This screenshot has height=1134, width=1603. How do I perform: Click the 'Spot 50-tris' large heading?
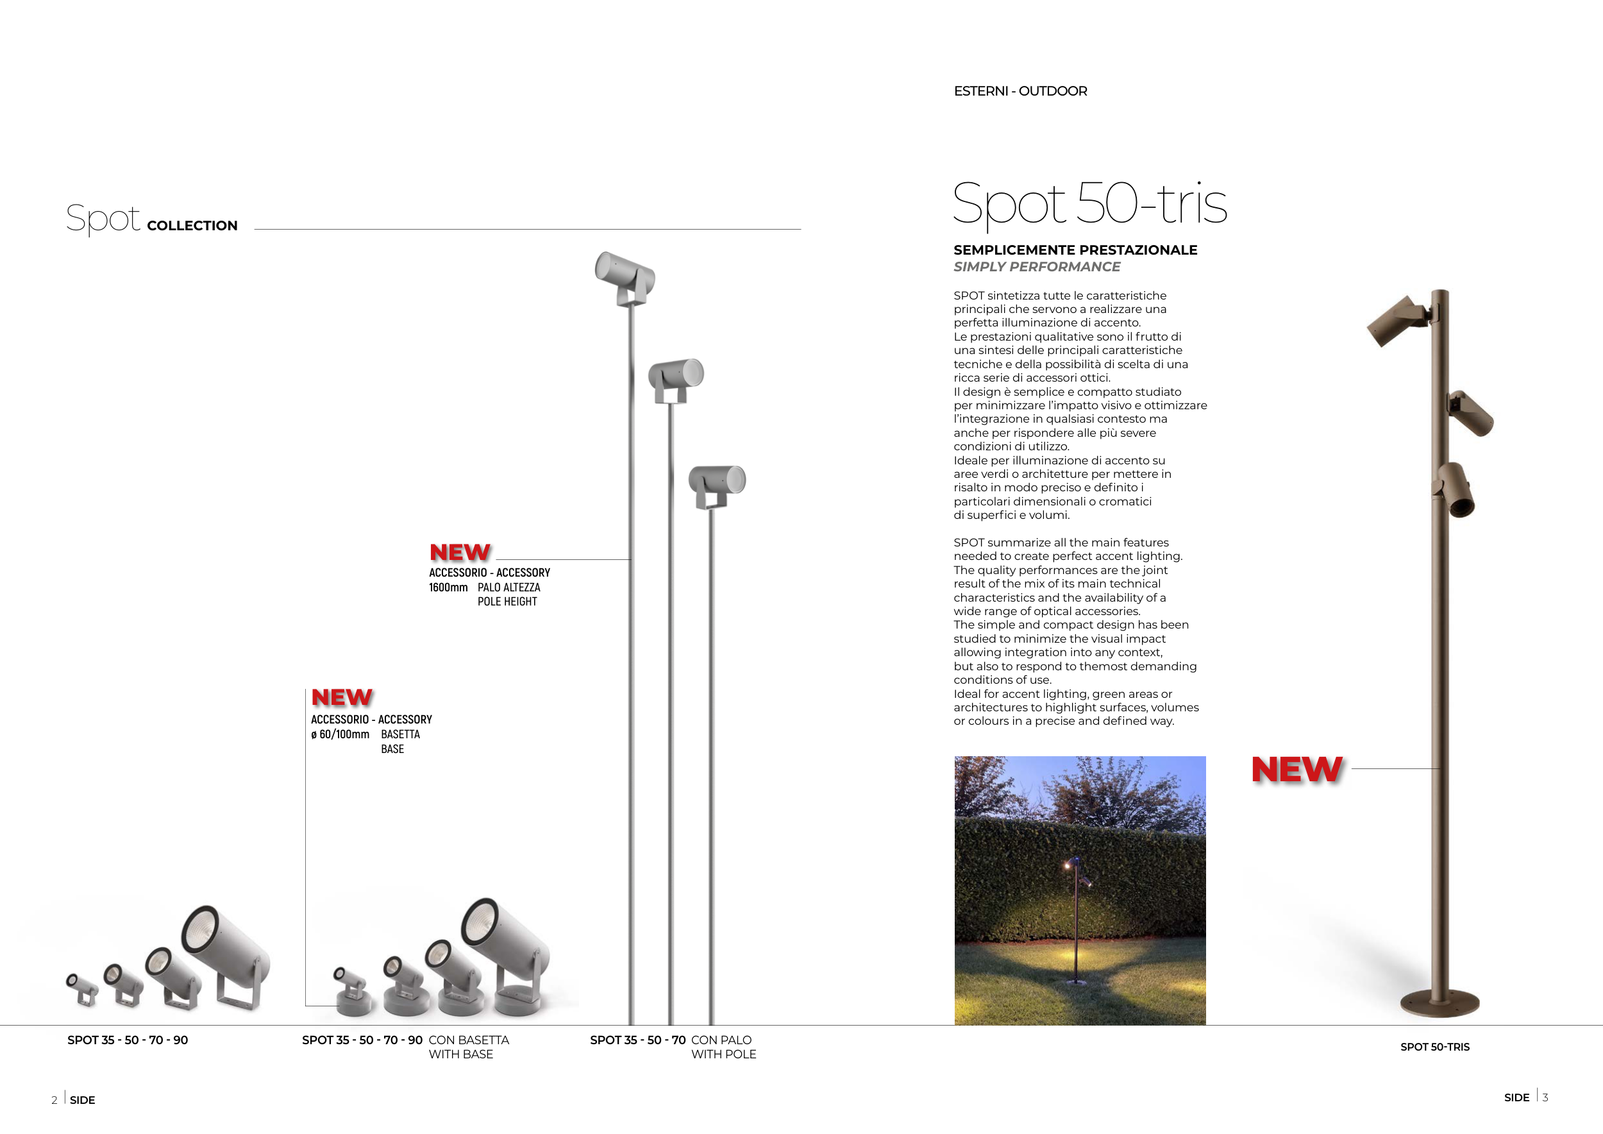[x=1089, y=204]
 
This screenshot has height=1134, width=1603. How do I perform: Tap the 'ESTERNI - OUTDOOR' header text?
[x=1020, y=92]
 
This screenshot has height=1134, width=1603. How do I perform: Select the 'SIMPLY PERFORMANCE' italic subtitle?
[x=1037, y=267]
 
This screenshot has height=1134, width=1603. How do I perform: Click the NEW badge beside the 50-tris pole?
[x=1297, y=770]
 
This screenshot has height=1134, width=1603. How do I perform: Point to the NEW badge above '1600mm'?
[x=460, y=552]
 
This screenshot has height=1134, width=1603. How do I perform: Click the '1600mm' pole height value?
[x=448, y=588]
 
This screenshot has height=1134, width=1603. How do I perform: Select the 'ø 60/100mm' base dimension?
[x=340, y=734]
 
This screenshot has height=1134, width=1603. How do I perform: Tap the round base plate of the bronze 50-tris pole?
[x=1439, y=1004]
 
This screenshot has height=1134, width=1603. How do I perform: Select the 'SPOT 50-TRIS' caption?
[x=1435, y=1047]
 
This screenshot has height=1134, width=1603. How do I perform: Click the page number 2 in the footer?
[x=55, y=1101]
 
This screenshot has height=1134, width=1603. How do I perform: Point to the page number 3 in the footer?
[x=1546, y=1097]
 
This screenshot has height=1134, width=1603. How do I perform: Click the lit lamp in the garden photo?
[x=1068, y=866]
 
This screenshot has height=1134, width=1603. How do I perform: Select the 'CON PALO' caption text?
[x=721, y=1040]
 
